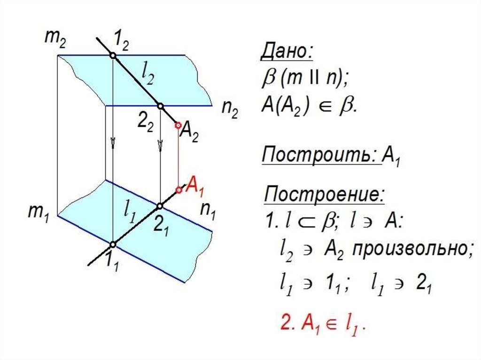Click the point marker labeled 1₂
pyautogui.click(x=113, y=55)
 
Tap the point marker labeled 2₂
pyautogui.click(x=161, y=107)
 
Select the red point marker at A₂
pyautogui.click(x=178, y=125)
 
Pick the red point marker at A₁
pyautogui.click(x=179, y=190)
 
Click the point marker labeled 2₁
pyautogui.click(x=160, y=206)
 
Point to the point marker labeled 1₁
pyautogui.click(x=113, y=245)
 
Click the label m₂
pyautogui.click(x=55, y=39)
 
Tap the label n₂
pyautogui.click(x=230, y=109)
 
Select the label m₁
pyautogui.click(x=39, y=212)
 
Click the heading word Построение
pyautogui.click(x=324, y=194)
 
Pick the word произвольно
pyautogui.click(x=411, y=249)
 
